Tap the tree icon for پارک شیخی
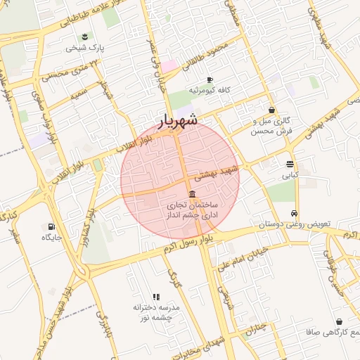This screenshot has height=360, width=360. [85, 36]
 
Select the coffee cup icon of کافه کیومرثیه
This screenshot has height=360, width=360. [210, 79]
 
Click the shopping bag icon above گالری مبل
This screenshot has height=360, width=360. [271, 110]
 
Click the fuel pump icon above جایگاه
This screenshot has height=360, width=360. [51, 226]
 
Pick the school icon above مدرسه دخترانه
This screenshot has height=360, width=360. [156, 297]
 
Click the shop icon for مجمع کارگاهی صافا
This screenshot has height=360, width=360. [340, 321]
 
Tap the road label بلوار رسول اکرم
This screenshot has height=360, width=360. [189, 245]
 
